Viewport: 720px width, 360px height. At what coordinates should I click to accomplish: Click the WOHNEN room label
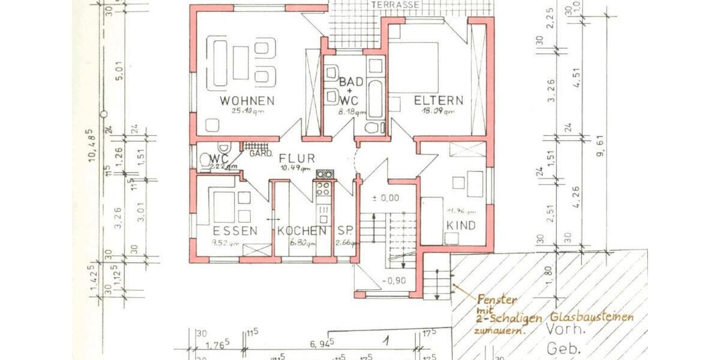tap(247, 100)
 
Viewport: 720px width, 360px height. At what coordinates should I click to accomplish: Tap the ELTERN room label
tap(439, 100)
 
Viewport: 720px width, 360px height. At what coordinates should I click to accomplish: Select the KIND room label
tap(461, 226)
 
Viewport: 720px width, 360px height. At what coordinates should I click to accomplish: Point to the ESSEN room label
tap(235, 230)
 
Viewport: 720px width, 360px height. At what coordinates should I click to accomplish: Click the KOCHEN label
tap(302, 230)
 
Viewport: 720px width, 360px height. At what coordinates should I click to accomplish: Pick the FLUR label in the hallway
tap(297, 158)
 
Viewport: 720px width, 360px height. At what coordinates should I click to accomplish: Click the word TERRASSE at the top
tap(395, 5)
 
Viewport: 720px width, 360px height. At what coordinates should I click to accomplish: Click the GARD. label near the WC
tap(257, 154)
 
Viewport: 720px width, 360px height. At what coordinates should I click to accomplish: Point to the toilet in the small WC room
tap(223, 148)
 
